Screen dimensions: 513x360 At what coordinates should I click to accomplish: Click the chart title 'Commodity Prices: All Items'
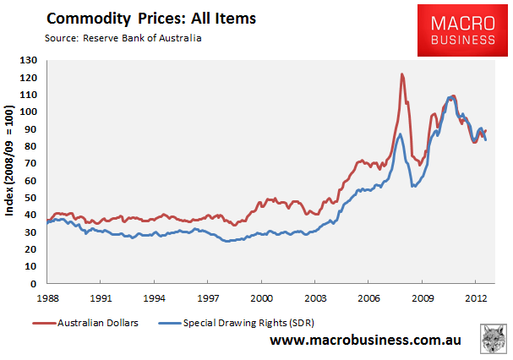point(151,19)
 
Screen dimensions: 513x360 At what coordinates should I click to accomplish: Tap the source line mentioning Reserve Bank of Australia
point(123,38)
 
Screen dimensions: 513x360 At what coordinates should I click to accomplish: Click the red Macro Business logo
point(462,30)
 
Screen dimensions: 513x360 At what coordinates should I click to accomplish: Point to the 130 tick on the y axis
point(29,60)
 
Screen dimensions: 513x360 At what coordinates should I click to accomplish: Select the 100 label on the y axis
point(29,112)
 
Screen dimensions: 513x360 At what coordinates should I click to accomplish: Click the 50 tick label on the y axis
point(30,198)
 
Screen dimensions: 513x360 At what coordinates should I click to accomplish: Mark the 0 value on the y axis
point(34,284)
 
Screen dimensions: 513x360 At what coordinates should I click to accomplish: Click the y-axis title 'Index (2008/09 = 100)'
point(9,161)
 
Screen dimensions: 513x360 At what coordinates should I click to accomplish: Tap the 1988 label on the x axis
point(47,298)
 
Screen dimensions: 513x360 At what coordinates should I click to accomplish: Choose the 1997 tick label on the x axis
point(208,298)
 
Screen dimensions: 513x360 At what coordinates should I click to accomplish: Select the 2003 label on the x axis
point(315,298)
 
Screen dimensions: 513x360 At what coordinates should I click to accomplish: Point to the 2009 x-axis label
point(423,298)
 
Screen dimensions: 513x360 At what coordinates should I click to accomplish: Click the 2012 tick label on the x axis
point(476,298)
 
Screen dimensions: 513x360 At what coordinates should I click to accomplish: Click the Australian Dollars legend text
point(98,323)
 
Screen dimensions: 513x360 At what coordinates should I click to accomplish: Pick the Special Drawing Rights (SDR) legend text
point(248,323)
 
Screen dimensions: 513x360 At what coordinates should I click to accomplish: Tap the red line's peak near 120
point(402,74)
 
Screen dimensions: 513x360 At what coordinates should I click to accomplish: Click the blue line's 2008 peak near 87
point(400,134)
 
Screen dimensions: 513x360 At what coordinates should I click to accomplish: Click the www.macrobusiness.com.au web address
point(365,340)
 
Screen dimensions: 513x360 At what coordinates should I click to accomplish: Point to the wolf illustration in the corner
point(494,339)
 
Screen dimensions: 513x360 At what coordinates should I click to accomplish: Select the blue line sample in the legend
point(170,324)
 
